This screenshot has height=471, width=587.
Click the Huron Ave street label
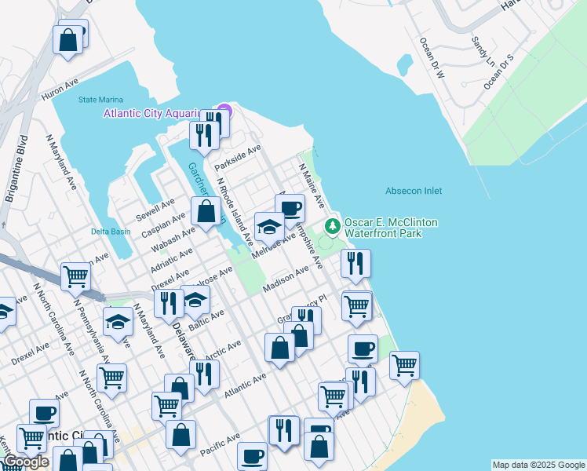60,88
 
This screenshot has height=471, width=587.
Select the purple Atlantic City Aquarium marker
224,110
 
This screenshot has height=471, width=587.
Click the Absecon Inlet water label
414,191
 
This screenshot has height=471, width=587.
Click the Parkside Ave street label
238,157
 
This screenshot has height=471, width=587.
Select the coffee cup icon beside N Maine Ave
290,208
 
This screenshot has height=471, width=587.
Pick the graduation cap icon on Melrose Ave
270,226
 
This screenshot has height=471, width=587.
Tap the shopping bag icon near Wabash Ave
206,211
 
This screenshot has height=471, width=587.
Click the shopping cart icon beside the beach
404,364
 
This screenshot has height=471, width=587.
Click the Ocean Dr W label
432,59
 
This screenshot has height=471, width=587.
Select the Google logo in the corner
25,462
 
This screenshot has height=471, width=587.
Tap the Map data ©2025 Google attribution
538,465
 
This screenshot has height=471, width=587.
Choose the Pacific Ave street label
219,444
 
